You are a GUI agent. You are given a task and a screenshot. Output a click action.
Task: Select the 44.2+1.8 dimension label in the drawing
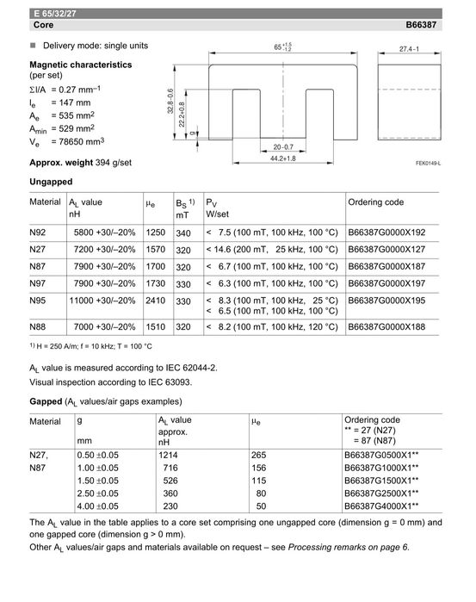click(x=279, y=159)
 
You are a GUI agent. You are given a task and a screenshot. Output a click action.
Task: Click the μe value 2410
click(x=156, y=301)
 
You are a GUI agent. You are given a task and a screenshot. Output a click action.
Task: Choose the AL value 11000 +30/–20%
click(x=102, y=301)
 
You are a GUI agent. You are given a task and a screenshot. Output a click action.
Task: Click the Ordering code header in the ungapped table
click(x=375, y=202)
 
